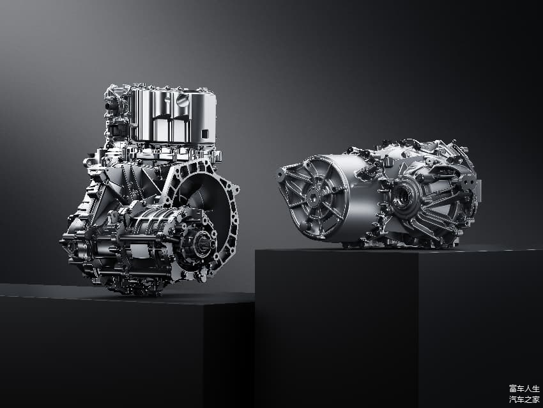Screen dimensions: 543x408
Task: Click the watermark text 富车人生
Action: [x=524, y=388]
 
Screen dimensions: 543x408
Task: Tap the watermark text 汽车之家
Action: [x=524, y=399]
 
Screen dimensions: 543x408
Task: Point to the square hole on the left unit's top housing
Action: [x=204, y=134]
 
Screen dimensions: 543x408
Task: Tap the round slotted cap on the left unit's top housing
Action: [x=182, y=101]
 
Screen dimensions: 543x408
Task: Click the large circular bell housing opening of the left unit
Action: [x=204, y=208]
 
